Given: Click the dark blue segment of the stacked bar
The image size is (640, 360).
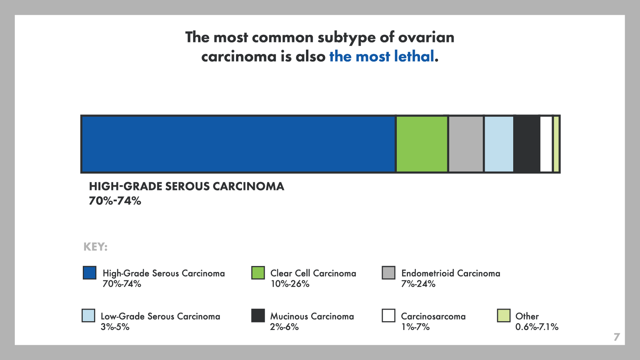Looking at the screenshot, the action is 238,144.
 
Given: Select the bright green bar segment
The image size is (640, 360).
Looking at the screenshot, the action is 422,144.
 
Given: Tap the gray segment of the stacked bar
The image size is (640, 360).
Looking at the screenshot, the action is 466,144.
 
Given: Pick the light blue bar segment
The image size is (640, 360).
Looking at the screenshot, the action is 499,144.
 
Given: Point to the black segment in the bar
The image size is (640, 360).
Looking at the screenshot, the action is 527,144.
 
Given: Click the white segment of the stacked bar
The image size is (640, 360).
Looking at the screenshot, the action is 546,144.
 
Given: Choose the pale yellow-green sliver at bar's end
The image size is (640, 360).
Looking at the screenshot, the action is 556,144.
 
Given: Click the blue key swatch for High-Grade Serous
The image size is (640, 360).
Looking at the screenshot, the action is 90,272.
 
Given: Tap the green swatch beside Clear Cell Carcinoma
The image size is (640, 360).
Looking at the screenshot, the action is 258,272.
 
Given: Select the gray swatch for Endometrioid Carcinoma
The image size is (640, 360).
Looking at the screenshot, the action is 388,272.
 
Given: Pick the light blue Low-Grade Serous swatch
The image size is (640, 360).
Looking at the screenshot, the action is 88,316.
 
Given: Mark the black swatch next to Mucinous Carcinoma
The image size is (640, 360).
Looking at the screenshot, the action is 258,316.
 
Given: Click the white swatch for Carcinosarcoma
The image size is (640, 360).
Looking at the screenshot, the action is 388,316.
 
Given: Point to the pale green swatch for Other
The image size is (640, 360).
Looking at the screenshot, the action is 504,316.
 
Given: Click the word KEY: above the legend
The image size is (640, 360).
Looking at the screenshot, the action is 96,247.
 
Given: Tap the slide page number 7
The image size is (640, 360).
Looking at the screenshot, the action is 616,337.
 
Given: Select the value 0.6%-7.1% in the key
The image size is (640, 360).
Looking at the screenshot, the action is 537,327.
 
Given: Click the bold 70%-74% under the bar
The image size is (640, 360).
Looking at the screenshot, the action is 115,201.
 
